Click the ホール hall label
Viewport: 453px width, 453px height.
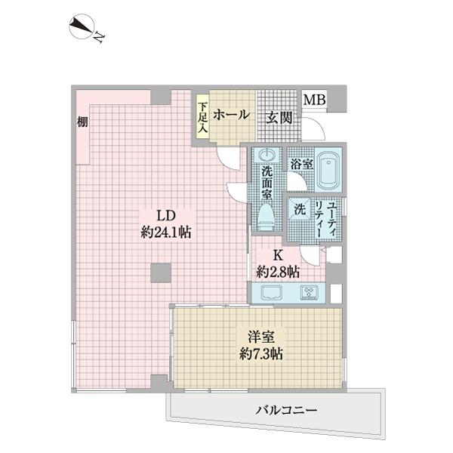[231, 115]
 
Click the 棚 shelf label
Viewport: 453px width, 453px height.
[81, 122]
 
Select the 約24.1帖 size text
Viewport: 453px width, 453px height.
[165, 233]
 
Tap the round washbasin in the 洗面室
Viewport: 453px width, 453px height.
[265, 156]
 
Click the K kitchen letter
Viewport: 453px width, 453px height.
[277, 254]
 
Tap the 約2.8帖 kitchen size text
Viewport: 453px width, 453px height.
[277, 271]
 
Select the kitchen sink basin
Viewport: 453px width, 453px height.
[270, 293]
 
